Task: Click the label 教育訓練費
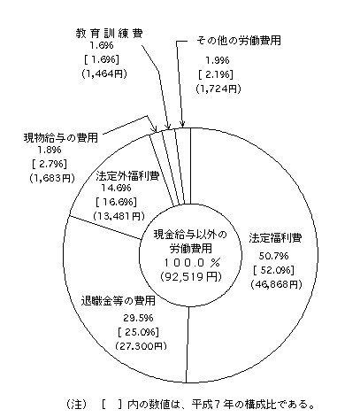click(x=109, y=34)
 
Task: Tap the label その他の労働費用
click(x=239, y=41)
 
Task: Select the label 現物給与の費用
click(x=60, y=137)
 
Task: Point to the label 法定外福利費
click(x=127, y=176)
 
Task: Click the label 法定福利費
click(x=275, y=238)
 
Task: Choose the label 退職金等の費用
click(x=119, y=301)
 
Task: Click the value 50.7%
click(x=273, y=256)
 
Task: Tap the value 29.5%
click(x=138, y=318)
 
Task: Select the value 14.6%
click(x=116, y=188)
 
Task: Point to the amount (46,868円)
click(x=276, y=284)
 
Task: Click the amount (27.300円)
click(x=141, y=346)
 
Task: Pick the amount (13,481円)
click(x=119, y=216)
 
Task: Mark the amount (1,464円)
click(x=104, y=73)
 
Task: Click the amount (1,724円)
click(x=218, y=89)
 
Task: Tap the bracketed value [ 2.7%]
click(x=49, y=164)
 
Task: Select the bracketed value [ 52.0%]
click(x=273, y=270)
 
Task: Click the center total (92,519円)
click(x=190, y=276)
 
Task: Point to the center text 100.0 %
click(x=192, y=262)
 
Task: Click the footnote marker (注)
click(x=76, y=404)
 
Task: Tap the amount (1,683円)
click(x=52, y=178)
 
